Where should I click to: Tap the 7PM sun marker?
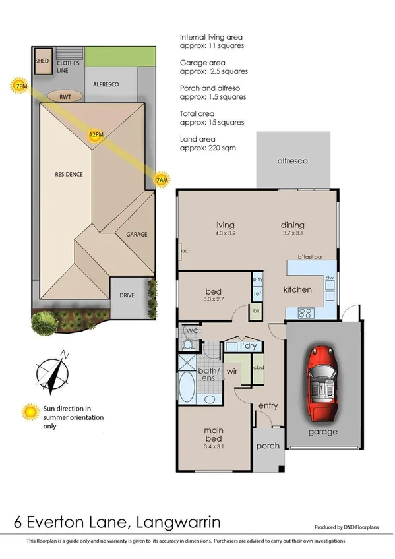pyautogui.click(x=20, y=86)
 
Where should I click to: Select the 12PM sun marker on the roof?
pyautogui.click(x=96, y=136)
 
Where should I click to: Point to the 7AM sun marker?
pyautogui.click(x=161, y=179)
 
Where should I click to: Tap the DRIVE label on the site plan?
pyautogui.click(x=127, y=295)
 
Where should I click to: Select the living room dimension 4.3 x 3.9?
pyautogui.click(x=212, y=232)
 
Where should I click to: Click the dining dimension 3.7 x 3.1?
pyautogui.click(x=293, y=232)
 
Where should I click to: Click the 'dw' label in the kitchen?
pyautogui.click(x=330, y=278)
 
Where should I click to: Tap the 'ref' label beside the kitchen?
pyautogui.click(x=257, y=294)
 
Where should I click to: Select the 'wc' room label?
pyautogui.click(x=193, y=330)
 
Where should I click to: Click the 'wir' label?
pyautogui.click(x=232, y=372)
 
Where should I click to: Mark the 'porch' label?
pyautogui.click(x=268, y=446)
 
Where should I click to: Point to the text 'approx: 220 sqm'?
pyautogui.click(x=208, y=148)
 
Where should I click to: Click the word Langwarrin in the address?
pyautogui.click(x=178, y=522)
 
